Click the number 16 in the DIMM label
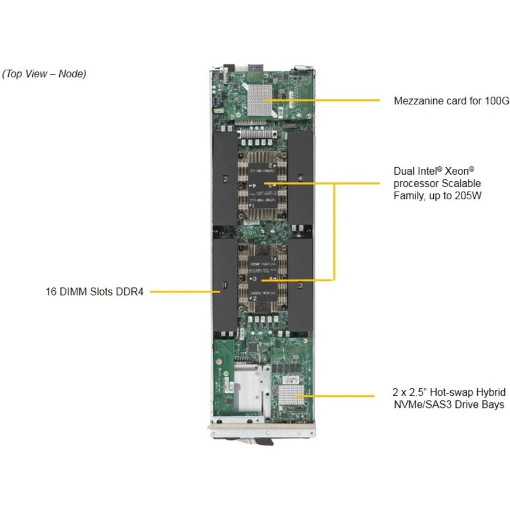point(51,291)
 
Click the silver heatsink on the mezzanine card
point(261,98)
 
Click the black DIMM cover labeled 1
point(225,285)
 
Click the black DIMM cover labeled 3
point(300,285)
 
